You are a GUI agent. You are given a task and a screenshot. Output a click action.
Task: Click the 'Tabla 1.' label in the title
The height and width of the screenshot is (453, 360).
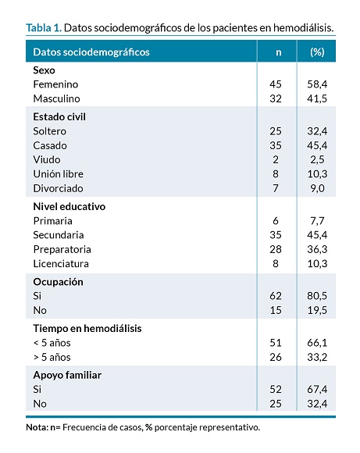click(44, 28)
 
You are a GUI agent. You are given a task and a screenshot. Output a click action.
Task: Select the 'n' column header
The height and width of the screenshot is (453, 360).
click(278, 52)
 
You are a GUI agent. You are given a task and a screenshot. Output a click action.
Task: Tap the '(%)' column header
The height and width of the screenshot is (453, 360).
click(317, 52)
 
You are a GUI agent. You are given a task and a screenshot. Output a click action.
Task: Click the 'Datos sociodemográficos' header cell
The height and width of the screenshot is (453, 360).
click(91, 52)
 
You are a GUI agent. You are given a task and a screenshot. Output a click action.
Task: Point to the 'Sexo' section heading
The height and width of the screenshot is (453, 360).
click(44, 70)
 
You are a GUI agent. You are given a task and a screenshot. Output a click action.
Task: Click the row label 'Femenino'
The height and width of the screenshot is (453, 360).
click(55, 84)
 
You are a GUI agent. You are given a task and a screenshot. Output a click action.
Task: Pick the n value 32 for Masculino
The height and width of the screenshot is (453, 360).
click(276, 99)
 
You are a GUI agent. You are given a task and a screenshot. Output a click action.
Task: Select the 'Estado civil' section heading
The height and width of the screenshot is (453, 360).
click(59, 116)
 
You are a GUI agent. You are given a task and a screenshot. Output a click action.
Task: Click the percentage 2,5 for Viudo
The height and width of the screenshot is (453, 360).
click(317, 160)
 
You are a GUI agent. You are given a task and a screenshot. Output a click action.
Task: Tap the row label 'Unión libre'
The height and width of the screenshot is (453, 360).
click(58, 174)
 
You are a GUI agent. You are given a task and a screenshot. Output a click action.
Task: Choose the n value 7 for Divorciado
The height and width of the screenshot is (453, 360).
click(276, 188)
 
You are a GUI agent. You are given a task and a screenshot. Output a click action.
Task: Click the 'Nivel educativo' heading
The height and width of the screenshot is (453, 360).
click(69, 206)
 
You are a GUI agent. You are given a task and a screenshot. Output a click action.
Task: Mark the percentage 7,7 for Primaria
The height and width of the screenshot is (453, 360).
click(317, 221)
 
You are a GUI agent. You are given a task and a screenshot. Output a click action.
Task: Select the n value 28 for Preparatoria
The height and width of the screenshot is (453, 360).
click(276, 249)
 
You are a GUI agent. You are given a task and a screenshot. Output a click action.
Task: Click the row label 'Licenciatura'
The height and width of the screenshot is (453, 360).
click(61, 264)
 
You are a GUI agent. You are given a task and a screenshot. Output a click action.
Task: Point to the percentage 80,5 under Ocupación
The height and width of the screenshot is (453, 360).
click(317, 296)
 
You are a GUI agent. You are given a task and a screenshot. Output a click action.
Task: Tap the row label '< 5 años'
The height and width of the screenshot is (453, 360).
click(52, 343)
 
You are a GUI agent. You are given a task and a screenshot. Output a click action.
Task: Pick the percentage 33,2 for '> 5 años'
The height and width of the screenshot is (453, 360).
click(317, 358)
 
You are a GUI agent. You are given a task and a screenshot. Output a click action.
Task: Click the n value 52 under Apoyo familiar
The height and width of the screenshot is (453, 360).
click(276, 390)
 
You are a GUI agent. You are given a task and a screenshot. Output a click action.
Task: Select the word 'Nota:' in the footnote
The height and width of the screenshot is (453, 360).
click(37, 427)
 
